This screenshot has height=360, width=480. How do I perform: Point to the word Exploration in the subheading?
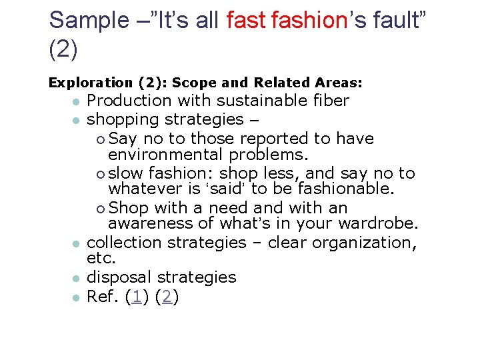(x=91, y=83)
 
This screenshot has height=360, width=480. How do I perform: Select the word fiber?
(x=332, y=101)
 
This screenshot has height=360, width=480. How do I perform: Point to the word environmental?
(x=165, y=155)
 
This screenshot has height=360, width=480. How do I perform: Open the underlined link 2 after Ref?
(x=167, y=297)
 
